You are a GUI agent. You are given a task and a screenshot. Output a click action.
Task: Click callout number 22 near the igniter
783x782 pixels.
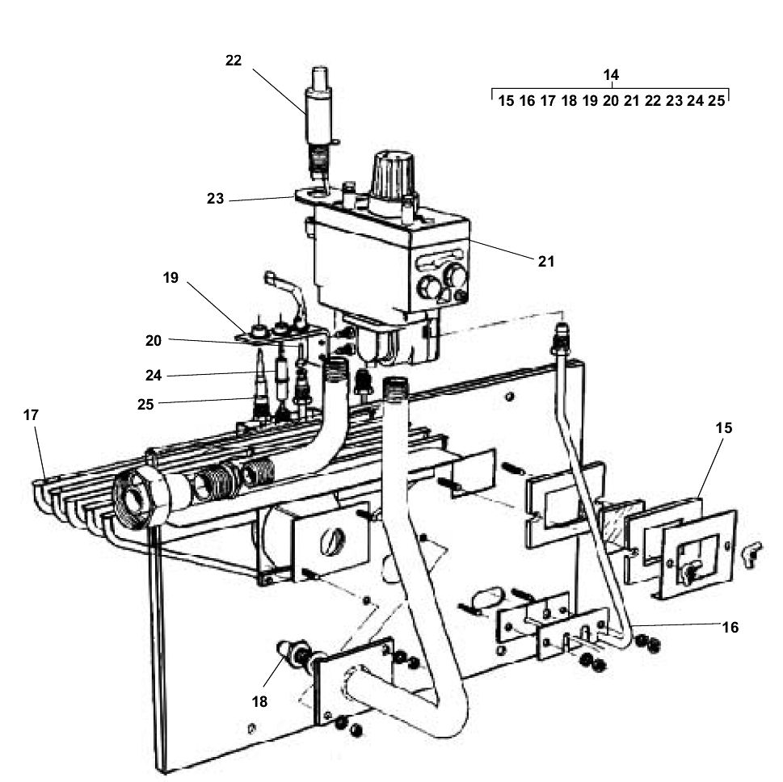pyautogui.click(x=233, y=61)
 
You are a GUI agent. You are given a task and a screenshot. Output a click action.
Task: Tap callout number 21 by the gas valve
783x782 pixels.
pyautogui.click(x=546, y=261)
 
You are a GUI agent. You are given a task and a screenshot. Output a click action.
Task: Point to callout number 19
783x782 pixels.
pyautogui.click(x=170, y=278)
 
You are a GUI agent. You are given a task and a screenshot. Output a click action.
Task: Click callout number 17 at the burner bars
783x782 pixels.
pyautogui.click(x=32, y=414)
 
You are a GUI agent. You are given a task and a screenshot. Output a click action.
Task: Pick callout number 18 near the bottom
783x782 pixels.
pyautogui.click(x=259, y=702)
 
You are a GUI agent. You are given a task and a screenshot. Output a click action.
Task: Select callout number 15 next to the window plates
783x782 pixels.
pyautogui.click(x=723, y=428)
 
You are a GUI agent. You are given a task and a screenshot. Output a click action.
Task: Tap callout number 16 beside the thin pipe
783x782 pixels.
pyautogui.click(x=730, y=627)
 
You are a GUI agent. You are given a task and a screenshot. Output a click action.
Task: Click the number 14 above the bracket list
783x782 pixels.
pyautogui.click(x=611, y=74)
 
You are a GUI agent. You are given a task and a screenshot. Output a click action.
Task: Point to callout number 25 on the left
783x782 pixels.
pyautogui.click(x=145, y=404)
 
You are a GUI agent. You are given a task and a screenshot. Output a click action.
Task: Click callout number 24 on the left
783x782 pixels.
pyautogui.click(x=154, y=375)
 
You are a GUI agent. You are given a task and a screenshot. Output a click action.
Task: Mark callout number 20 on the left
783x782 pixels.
pyautogui.click(x=154, y=341)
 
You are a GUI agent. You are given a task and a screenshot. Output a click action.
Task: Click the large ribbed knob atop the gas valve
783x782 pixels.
pyautogui.click(x=392, y=174)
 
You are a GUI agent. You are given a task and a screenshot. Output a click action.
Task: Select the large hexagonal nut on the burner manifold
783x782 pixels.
pyautogui.click(x=142, y=495)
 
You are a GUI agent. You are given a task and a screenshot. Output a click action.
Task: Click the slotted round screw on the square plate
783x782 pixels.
pyautogui.click(x=331, y=543)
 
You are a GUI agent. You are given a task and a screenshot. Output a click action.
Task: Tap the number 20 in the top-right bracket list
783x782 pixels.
pyautogui.click(x=611, y=101)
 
